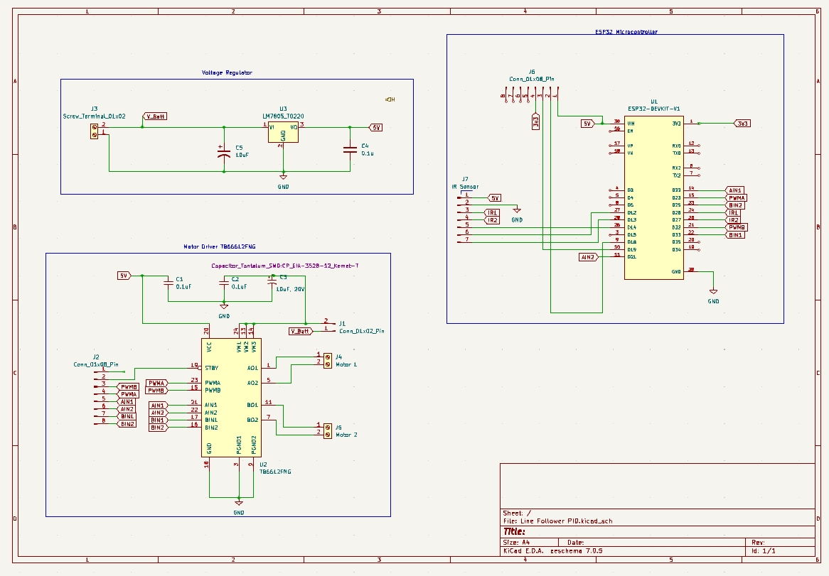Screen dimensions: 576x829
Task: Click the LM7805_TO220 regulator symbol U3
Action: pyautogui.click(x=283, y=132)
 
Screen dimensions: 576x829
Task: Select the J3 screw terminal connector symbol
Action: pyautogui.click(x=94, y=131)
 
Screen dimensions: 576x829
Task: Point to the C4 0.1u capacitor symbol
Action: pyautogui.click(x=349, y=149)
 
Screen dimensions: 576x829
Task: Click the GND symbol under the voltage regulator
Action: pyautogui.click(x=283, y=178)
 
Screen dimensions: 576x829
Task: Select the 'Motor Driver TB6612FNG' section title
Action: pyautogui.click(x=219, y=247)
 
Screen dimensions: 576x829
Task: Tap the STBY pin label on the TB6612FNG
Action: pyautogui.click(x=212, y=368)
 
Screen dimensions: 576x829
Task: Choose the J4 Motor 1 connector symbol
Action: pyautogui.click(x=327, y=360)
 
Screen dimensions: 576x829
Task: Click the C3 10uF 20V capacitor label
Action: pyautogui.click(x=291, y=289)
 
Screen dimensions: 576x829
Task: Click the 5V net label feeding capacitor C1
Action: pyautogui.click(x=124, y=275)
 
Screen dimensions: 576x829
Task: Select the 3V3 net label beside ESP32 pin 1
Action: pyautogui.click(x=742, y=123)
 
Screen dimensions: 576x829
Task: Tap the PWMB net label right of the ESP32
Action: pyautogui.click(x=737, y=227)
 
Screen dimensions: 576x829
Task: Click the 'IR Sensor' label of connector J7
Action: pyautogui.click(x=465, y=187)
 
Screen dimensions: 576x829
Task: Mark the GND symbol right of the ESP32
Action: pyautogui.click(x=713, y=293)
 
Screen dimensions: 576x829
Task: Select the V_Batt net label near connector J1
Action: pyautogui.click(x=300, y=331)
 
